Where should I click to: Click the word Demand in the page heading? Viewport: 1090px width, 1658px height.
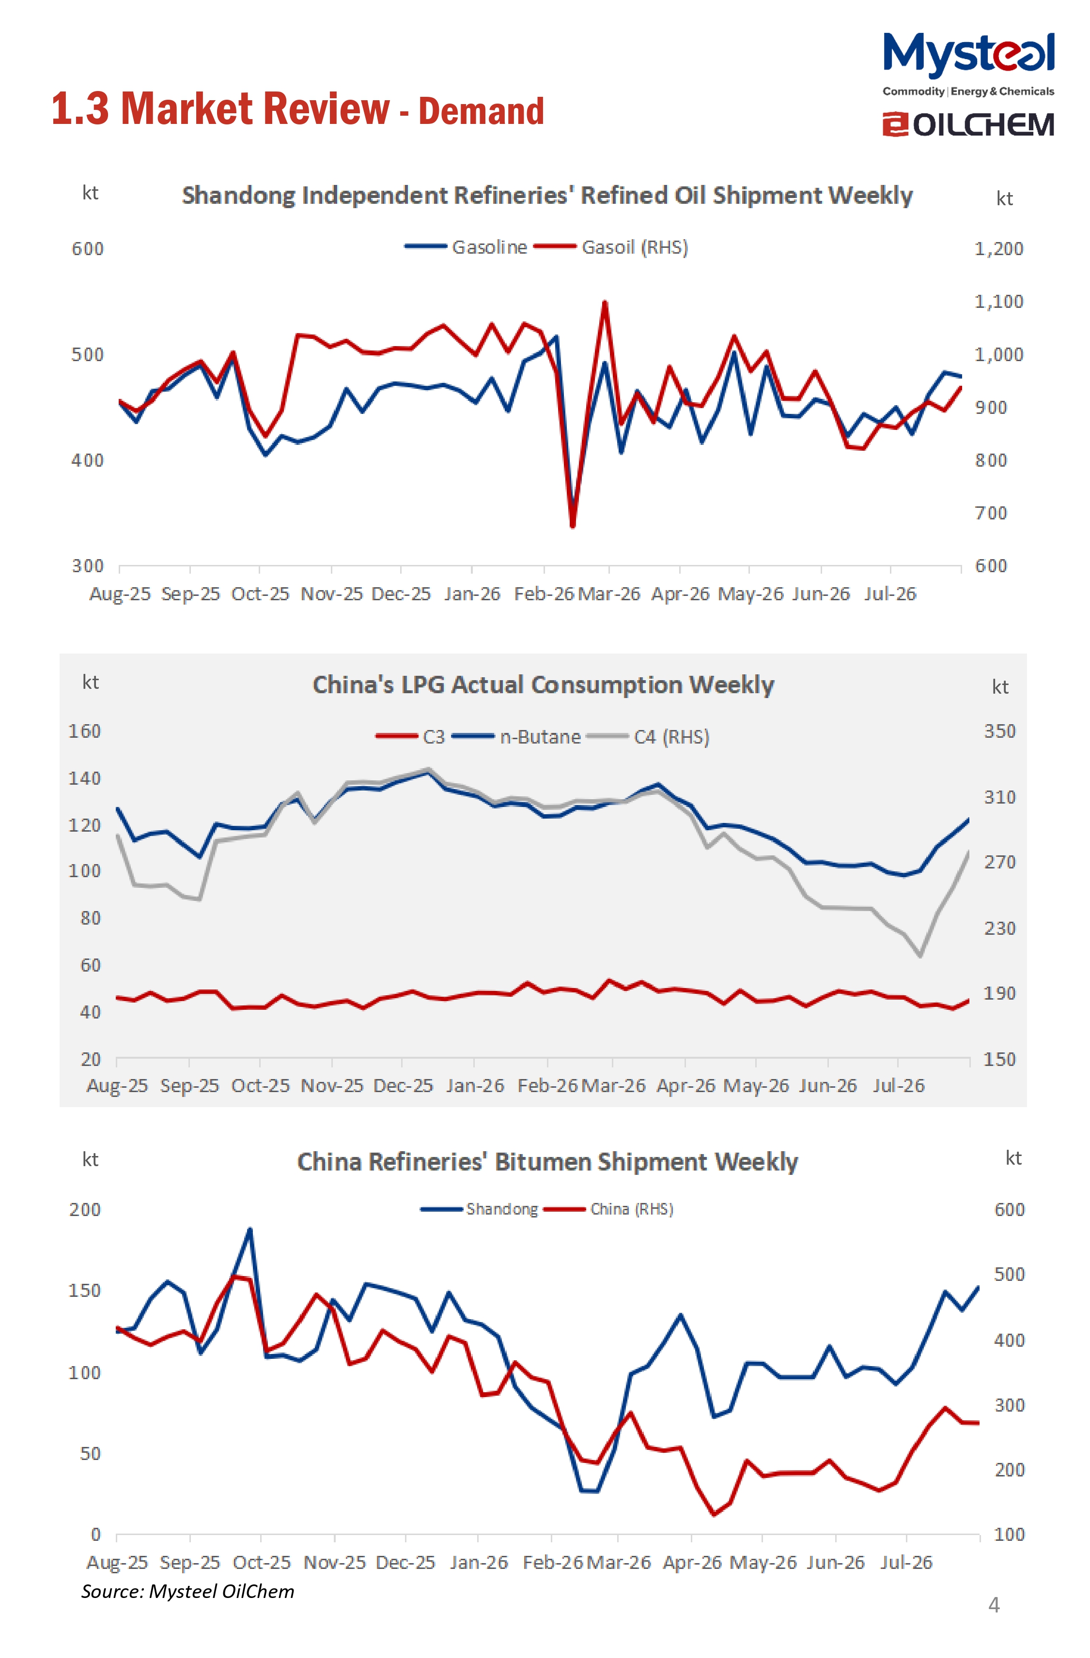[x=481, y=111]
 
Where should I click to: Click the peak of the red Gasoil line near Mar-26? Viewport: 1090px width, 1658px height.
[x=604, y=303]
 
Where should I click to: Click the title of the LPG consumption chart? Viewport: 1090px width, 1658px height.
[x=543, y=685]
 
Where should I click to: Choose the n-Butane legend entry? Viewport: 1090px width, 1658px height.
[x=516, y=737]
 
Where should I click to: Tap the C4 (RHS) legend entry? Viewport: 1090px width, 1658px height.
[x=648, y=737]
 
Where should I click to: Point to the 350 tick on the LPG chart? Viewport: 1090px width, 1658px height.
[x=999, y=731]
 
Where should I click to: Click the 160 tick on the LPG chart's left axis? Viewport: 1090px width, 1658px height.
[x=84, y=731]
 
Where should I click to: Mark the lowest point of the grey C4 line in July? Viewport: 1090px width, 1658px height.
[x=920, y=955]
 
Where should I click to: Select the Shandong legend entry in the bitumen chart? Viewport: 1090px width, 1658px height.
[x=480, y=1209]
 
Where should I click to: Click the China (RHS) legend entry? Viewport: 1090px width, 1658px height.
[x=608, y=1209]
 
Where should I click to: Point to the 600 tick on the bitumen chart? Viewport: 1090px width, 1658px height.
[x=1009, y=1209]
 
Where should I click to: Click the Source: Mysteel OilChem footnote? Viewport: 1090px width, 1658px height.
[x=187, y=1591]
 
